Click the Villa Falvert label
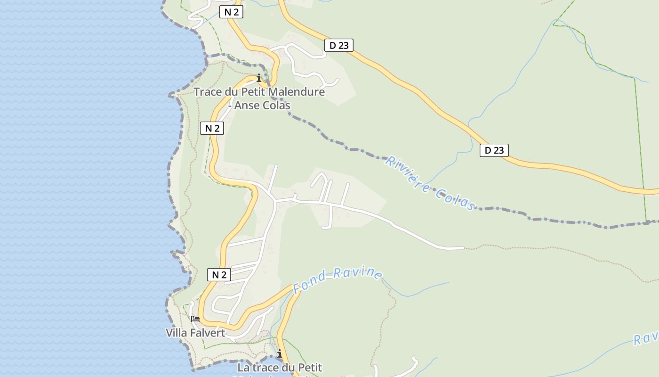(195, 333)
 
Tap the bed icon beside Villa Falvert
(195, 319)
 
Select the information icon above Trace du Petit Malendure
(258, 78)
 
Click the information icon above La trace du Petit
(280, 353)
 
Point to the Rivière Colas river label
(430, 183)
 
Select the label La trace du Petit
(280, 368)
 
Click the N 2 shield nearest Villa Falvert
(219, 275)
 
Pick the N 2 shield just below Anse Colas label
(212, 128)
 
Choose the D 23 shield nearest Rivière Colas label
(494, 150)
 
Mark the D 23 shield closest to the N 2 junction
(339, 45)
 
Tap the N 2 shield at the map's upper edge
(231, 12)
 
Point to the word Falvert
(207, 333)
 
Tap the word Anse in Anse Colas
(247, 106)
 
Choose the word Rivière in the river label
(407, 174)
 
